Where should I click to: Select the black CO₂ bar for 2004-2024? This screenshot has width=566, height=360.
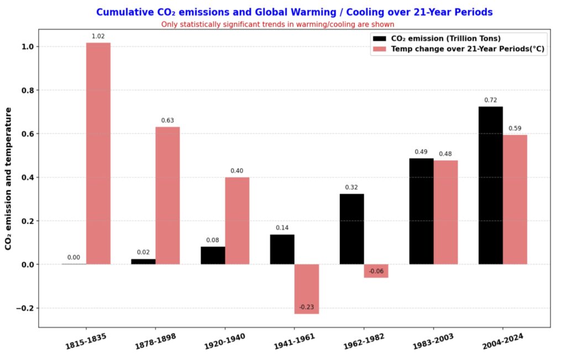click(x=490, y=185)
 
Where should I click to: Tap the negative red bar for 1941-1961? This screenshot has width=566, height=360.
click(x=306, y=289)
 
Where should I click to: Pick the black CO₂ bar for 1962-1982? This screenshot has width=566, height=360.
click(x=352, y=229)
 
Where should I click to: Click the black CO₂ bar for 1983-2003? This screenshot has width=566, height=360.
click(x=421, y=211)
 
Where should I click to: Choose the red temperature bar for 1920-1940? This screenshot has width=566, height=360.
click(x=237, y=221)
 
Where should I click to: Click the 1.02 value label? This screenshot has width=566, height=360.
click(x=98, y=36)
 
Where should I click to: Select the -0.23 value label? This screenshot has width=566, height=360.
click(x=306, y=307)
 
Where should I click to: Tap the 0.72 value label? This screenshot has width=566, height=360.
click(x=490, y=100)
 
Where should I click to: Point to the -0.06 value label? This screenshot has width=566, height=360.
click(x=376, y=271)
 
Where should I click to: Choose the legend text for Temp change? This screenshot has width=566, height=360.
click(x=468, y=49)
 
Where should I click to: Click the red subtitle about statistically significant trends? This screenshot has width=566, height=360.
click(x=277, y=24)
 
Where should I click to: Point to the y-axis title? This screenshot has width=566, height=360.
click(x=9, y=179)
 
